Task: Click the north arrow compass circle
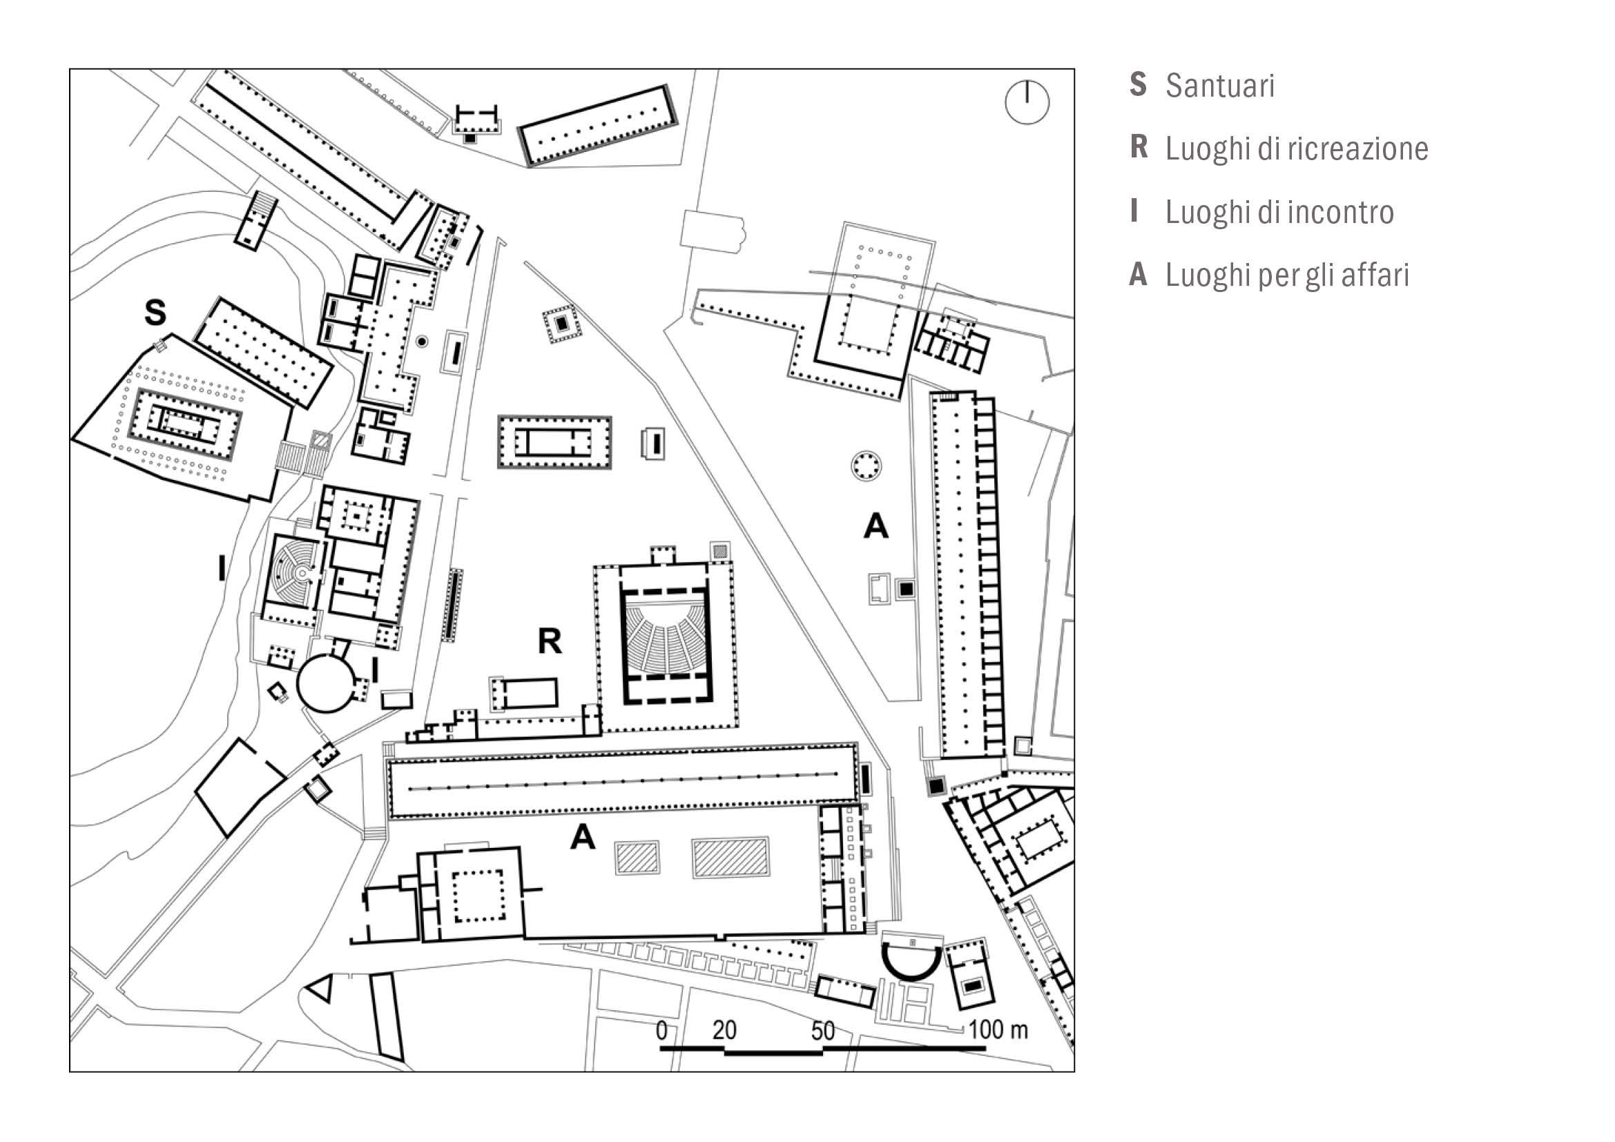[1027, 103]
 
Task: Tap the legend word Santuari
[1219, 86]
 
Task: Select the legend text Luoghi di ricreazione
[1297, 149]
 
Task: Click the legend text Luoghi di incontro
[1279, 213]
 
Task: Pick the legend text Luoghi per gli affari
[1287, 275]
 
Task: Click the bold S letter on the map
[155, 312]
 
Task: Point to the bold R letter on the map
[550, 641]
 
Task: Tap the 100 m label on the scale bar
[998, 1030]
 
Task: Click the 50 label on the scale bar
[822, 1031]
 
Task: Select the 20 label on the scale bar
[724, 1030]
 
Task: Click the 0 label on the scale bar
[661, 1030]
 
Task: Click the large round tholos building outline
[326, 682]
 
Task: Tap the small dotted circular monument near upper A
[866, 465]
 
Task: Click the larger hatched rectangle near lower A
[730, 858]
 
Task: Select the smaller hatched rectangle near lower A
[637, 858]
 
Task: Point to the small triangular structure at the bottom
[321, 988]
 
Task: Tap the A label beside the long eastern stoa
[876, 525]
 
